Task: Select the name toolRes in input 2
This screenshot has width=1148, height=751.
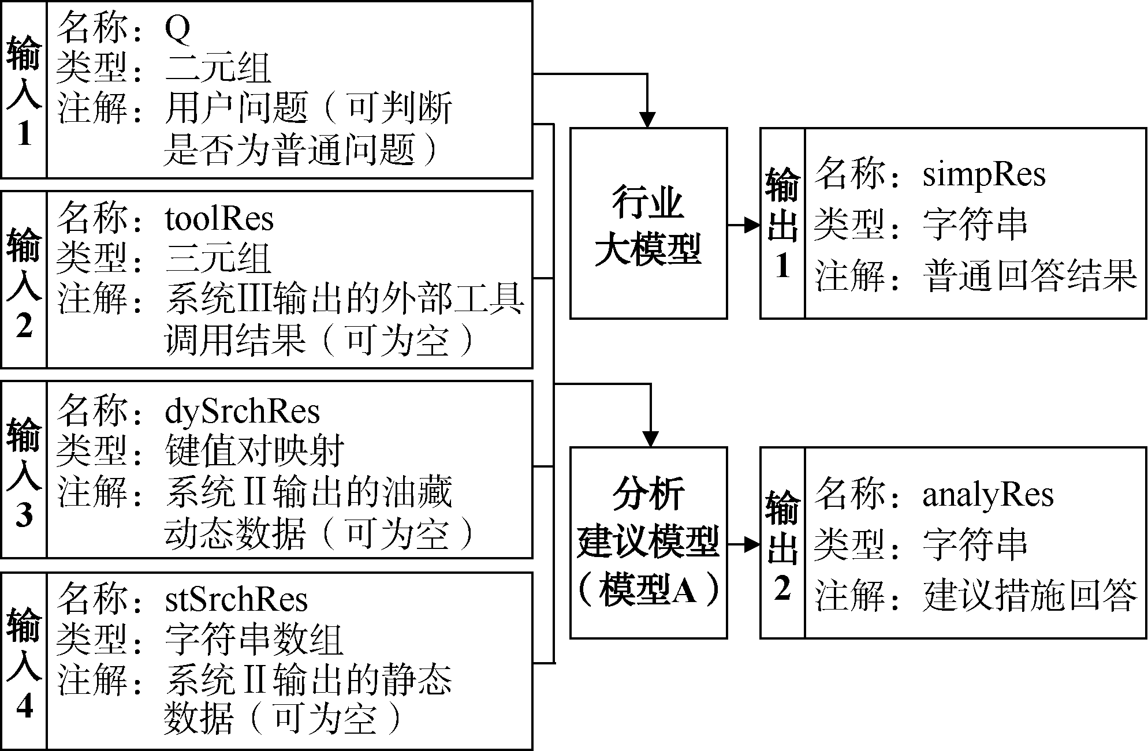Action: pyautogui.click(x=219, y=219)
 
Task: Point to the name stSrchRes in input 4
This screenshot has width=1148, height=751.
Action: pyautogui.click(x=236, y=600)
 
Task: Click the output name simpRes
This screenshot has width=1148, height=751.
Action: pyautogui.click(x=984, y=175)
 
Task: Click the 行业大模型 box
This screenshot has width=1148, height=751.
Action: pyautogui.click(x=648, y=223)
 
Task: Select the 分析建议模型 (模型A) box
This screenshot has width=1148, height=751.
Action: pyautogui.click(x=648, y=543)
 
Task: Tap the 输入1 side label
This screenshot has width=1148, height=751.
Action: pyautogui.click(x=24, y=89)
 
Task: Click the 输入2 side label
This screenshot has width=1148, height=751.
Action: pyautogui.click(x=24, y=280)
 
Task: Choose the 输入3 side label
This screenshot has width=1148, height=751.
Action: pyautogui.click(x=24, y=469)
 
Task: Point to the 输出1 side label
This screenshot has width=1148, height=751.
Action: pyautogui.click(x=782, y=223)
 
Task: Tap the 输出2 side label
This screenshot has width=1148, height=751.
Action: pyautogui.click(x=782, y=543)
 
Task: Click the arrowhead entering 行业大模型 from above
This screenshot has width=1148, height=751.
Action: pyautogui.click(x=648, y=119)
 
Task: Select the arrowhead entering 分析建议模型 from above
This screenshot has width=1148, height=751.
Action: pyautogui.click(x=651, y=438)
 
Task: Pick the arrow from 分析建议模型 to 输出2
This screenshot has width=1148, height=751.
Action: pyautogui.click(x=744, y=544)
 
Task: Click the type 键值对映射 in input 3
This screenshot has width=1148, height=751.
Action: pyautogui.click(x=255, y=450)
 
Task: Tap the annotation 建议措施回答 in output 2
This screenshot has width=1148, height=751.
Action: pyautogui.click(x=1030, y=595)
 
